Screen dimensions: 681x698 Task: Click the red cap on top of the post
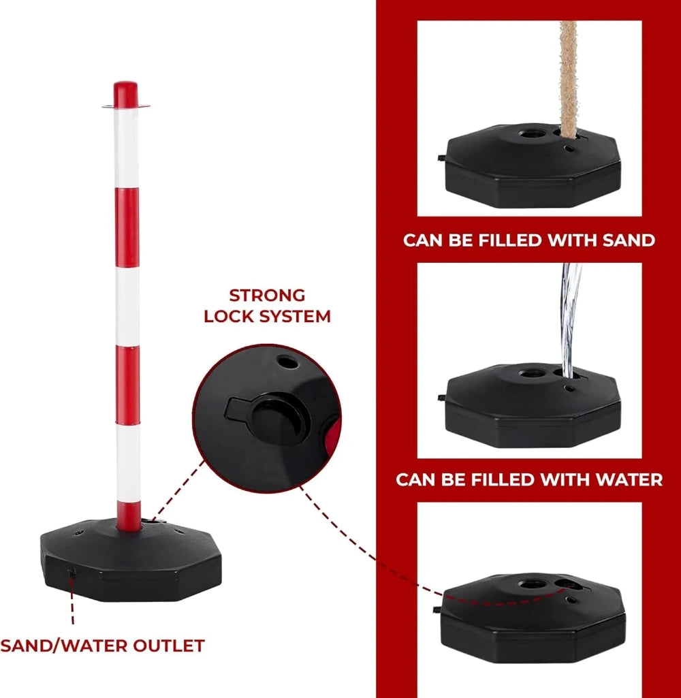[125, 94]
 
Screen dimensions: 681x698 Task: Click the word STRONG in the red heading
[267, 296]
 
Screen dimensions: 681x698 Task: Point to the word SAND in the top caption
[629, 240]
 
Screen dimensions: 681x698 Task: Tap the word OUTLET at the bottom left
[169, 646]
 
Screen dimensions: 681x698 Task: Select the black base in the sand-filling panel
[533, 166]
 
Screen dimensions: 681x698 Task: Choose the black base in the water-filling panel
[533, 406]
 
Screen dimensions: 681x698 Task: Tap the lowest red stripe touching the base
[129, 515]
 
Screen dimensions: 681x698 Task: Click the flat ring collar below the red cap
[125, 106]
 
